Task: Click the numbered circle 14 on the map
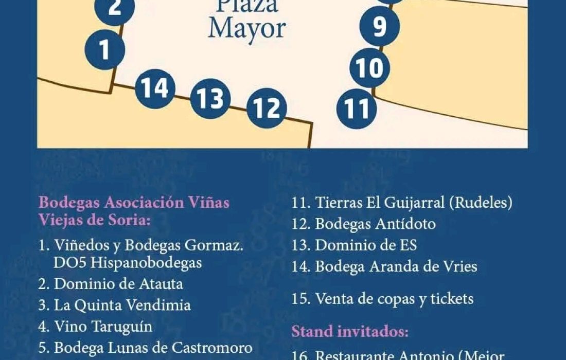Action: click(155, 88)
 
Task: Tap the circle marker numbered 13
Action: click(210, 98)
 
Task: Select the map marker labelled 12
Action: click(267, 108)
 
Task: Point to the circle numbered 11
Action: click(357, 109)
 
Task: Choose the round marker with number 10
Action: click(369, 68)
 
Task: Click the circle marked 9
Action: click(379, 27)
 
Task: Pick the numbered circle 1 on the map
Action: click(105, 50)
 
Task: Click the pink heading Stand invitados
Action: click(350, 331)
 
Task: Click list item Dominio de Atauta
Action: click(118, 283)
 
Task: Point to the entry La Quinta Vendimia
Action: click(122, 305)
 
